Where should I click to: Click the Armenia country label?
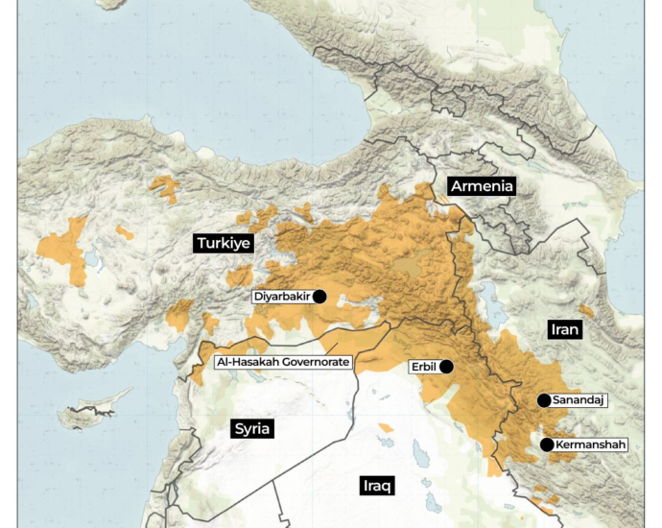point(483,186)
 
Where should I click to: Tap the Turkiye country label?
point(223,243)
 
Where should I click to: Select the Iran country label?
point(565,329)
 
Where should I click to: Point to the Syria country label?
point(252,428)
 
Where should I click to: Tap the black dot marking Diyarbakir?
point(319,297)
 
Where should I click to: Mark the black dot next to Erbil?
point(446,367)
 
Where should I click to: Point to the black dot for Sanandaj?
point(544,400)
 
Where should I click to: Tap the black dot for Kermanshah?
point(547,444)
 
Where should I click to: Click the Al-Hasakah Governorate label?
point(283,362)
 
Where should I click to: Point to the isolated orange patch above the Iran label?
point(584,311)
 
